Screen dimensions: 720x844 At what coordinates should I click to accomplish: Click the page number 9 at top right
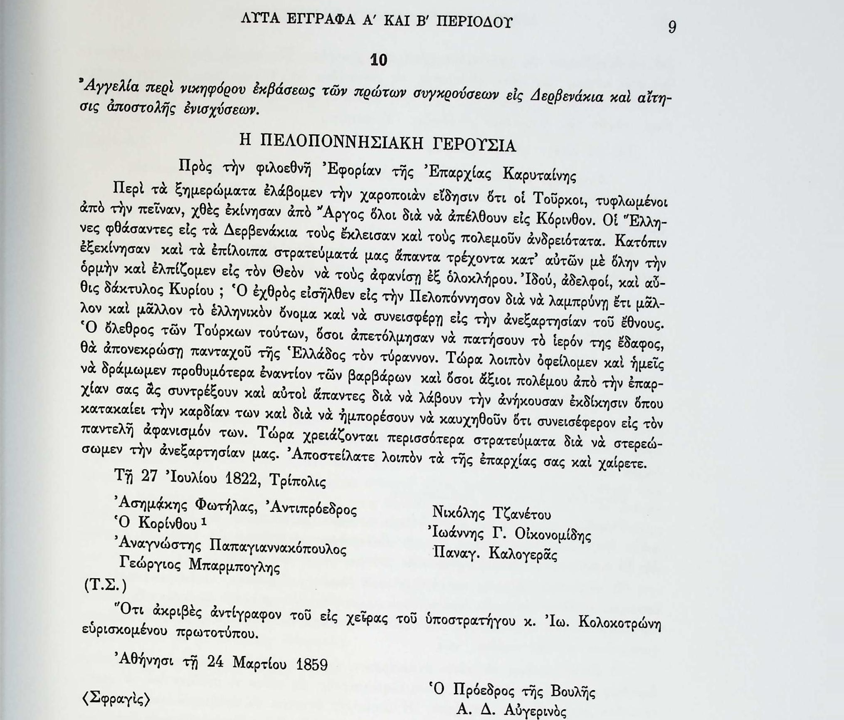click(672, 27)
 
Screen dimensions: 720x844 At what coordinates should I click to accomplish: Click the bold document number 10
click(378, 60)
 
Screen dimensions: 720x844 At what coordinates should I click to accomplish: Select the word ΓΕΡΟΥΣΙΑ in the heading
click(474, 145)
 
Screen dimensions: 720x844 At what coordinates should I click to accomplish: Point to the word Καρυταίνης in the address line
click(539, 175)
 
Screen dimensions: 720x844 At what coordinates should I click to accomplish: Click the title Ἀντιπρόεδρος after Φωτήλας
click(313, 508)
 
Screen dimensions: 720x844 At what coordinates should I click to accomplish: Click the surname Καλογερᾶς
click(523, 554)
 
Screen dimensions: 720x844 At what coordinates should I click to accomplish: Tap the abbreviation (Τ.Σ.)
click(105, 585)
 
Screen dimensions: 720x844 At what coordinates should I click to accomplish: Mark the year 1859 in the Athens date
click(312, 664)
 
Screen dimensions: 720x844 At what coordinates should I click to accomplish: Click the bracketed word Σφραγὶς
click(116, 699)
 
